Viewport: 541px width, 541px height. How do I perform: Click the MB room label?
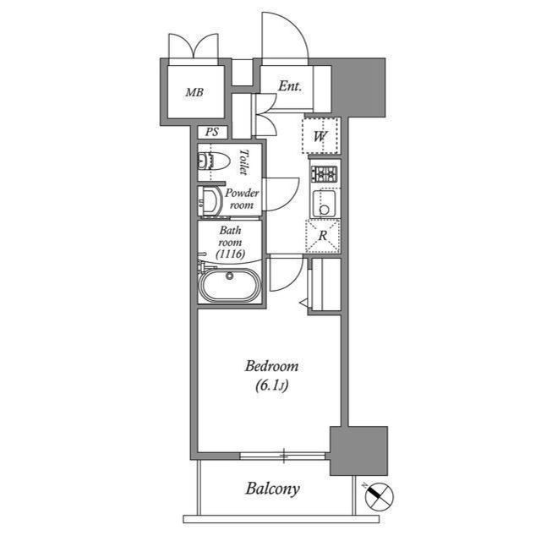pyautogui.click(x=194, y=92)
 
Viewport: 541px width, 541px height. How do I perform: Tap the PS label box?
pyautogui.click(x=212, y=132)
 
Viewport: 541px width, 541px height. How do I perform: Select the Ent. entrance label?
pyautogui.click(x=290, y=86)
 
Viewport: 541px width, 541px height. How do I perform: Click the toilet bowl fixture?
pyautogui.click(x=214, y=161)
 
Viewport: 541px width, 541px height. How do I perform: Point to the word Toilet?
pyautogui.click(x=244, y=161)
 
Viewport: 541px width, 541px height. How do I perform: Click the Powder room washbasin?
pyautogui.click(x=210, y=201)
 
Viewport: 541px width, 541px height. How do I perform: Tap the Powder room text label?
pyautogui.click(x=242, y=199)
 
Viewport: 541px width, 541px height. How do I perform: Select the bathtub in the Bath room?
pyautogui.click(x=229, y=284)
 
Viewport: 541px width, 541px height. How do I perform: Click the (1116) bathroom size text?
pyautogui.click(x=231, y=254)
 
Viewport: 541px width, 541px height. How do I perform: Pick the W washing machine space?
pyautogui.click(x=321, y=135)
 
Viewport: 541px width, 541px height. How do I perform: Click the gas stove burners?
pyautogui.click(x=325, y=174)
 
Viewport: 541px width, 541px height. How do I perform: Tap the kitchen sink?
pyautogui.click(x=324, y=203)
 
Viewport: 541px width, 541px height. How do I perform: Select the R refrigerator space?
pyautogui.click(x=323, y=236)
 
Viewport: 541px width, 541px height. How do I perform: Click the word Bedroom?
pyautogui.click(x=271, y=366)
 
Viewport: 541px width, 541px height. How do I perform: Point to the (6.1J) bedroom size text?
pyautogui.click(x=272, y=385)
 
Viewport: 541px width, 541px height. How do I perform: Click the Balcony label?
pyautogui.click(x=272, y=489)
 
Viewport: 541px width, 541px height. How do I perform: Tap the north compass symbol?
pyautogui.click(x=379, y=496)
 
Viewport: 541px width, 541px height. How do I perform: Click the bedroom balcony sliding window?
pyautogui.click(x=283, y=456)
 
